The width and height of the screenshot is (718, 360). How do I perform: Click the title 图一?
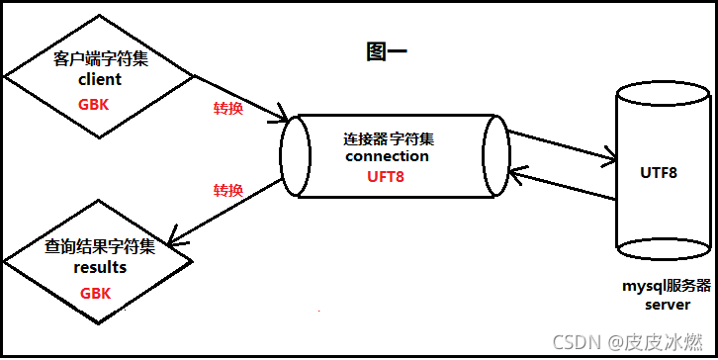(387, 52)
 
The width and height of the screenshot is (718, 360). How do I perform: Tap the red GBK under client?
(95, 103)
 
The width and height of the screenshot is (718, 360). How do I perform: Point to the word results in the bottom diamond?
(100, 267)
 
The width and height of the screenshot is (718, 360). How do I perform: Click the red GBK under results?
(95, 294)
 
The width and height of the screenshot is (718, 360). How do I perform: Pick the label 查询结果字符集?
(100, 246)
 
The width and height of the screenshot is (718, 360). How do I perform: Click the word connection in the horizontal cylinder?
(387, 156)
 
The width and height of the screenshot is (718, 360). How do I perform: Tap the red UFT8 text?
(386, 177)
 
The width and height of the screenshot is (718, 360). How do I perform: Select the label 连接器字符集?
(387, 136)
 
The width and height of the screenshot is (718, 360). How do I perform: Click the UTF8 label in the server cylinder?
(659, 172)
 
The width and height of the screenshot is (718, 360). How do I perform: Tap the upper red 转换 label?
(228, 108)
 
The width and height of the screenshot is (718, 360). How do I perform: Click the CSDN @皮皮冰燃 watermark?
(629, 342)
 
